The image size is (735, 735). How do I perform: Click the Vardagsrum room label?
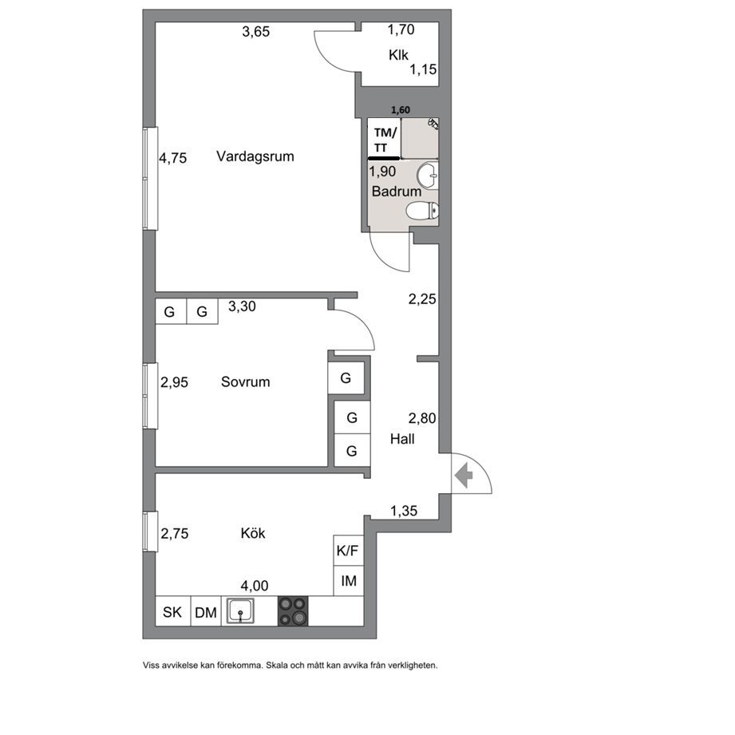point(255,156)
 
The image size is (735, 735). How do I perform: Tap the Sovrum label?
point(245,382)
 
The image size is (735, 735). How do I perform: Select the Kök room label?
point(253,533)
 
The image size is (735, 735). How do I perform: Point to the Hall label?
point(402,439)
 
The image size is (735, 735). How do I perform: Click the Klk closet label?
point(398,55)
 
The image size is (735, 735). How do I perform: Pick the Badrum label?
point(396,192)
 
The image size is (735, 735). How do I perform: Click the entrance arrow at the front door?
point(464,476)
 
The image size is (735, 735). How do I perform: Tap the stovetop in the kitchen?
point(293,611)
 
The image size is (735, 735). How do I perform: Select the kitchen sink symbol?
point(240,611)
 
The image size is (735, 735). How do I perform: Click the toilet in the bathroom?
point(422,211)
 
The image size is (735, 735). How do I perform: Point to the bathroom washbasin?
point(427,176)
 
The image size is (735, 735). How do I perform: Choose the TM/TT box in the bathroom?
point(384,139)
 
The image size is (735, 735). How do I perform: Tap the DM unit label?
point(206,613)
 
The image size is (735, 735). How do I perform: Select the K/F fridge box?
point(348,551)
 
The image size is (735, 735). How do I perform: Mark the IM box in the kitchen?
point(348,581)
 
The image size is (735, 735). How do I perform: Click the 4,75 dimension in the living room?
point(172,158)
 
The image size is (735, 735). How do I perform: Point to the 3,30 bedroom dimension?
point(242,306)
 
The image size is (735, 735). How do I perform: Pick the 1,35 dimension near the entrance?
point(404,511)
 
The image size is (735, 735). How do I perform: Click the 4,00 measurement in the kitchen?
point(255,586)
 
